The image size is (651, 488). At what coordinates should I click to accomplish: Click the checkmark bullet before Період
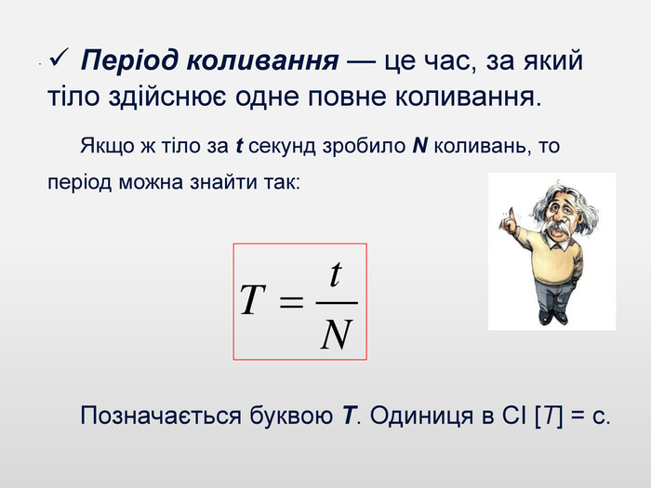(x=59, y=58)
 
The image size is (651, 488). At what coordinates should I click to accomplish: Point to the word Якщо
(x=107, y=146)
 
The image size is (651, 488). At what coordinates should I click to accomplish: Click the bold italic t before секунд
(x=239, y=146)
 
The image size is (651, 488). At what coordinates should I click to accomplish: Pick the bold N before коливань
(x=419, y=146)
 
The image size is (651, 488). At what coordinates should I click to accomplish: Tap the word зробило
(x=365, y=146)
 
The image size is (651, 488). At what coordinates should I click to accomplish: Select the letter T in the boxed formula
(x=252, y=299)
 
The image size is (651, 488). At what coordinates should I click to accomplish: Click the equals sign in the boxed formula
(x=291, y=302)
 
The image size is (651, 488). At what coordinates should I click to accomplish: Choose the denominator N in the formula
(x=337, y=334)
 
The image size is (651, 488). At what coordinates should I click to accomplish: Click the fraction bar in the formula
(x=337, y=303)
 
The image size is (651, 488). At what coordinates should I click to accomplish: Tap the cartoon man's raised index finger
(x=512, y=215)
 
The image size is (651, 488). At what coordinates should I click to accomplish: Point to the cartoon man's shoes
(x=553, y=317)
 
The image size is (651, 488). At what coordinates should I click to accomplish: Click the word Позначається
(x=161, y=415)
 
